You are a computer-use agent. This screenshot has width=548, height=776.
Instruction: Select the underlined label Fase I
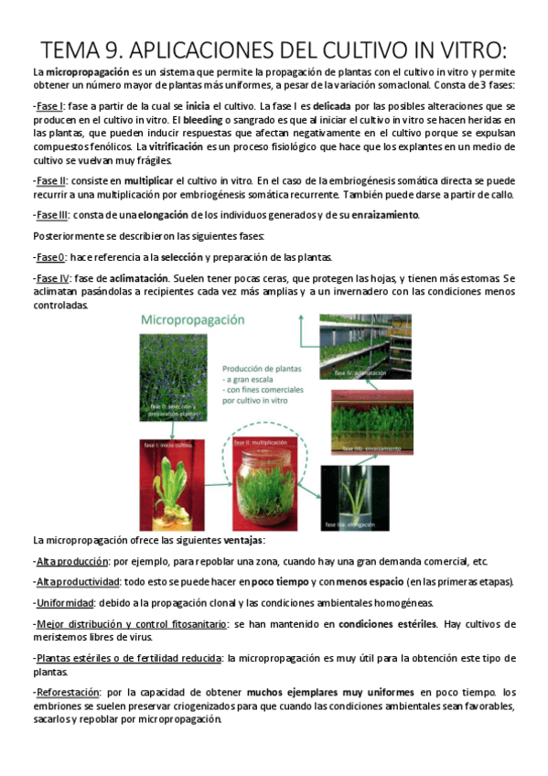tap(48, 107)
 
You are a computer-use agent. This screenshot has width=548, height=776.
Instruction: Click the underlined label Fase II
tap(50, 180)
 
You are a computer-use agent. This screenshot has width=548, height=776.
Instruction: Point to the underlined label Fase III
tap(52, 215)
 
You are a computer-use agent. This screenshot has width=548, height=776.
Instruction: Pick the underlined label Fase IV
tap(52, 278)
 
